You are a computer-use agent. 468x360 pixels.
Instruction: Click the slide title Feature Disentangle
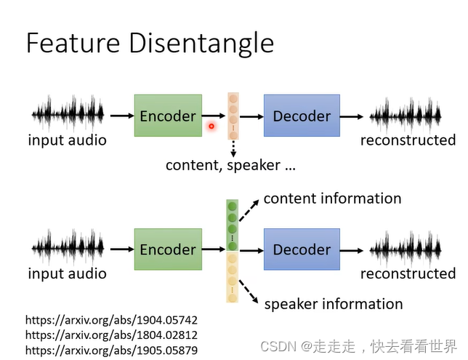tap(150, 43)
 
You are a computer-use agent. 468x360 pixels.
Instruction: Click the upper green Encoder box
tap(167, 116)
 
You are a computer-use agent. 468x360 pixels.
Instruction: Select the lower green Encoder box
tap(167, 249)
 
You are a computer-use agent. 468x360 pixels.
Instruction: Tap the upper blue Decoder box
tap(302, 116)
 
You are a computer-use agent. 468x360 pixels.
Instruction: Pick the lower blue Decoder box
tap(302, 249)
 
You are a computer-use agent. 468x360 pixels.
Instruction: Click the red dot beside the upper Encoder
tap(211, 126)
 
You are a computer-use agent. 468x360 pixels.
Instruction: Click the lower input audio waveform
tap(68, 248)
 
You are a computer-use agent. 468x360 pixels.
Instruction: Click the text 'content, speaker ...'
tap(230, 165)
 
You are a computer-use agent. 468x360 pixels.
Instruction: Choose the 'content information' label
tap(332, 199)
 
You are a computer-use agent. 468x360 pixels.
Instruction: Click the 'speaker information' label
tap(333, 304)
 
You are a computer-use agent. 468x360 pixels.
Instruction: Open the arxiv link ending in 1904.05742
tap(111, 320)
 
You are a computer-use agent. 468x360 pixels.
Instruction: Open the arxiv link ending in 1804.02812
tap(111, 335)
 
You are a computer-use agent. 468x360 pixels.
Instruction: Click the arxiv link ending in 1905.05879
tap(111, 350)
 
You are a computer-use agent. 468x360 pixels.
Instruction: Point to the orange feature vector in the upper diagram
tap(233, 116)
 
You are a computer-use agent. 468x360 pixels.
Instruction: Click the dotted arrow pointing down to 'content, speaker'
tap(233, 148)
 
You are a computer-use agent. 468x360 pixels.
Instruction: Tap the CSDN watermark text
tap(359, 345)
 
